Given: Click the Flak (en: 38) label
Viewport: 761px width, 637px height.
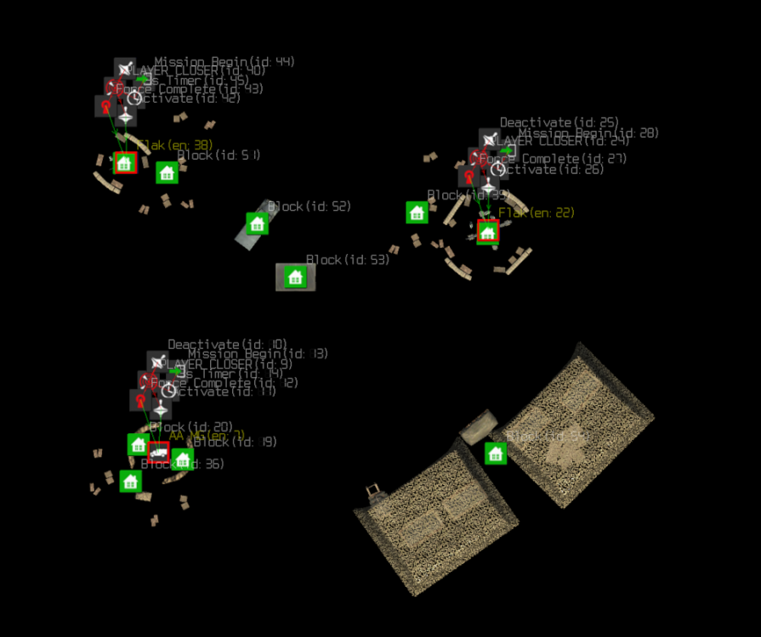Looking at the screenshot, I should [175, 145].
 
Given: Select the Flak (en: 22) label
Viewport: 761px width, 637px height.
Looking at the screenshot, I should [536, 212].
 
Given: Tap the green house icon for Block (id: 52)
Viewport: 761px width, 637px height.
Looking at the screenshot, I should [257, 223].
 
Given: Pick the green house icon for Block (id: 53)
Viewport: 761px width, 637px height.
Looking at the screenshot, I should [295, 277].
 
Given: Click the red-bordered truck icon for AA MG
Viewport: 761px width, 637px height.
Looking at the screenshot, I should [158, 453].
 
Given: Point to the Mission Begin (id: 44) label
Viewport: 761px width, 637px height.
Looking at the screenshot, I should [224, 62].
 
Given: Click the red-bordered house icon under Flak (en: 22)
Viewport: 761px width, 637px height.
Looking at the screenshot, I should [487, 231].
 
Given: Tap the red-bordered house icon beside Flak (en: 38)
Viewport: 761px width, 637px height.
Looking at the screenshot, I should [125, 163].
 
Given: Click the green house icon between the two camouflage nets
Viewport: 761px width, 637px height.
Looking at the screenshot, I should [496, 454].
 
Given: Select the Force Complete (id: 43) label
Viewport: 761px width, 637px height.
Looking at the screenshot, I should [190, 88].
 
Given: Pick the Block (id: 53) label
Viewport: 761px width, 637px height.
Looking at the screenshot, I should [347, 259].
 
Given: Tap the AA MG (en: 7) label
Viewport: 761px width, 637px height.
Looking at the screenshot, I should [207, 435].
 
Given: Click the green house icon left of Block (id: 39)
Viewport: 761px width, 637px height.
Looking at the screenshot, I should [417, 212].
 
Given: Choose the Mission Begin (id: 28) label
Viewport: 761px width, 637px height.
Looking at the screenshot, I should [588, 132].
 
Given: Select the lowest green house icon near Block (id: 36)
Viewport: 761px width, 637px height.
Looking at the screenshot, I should [129, 482].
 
